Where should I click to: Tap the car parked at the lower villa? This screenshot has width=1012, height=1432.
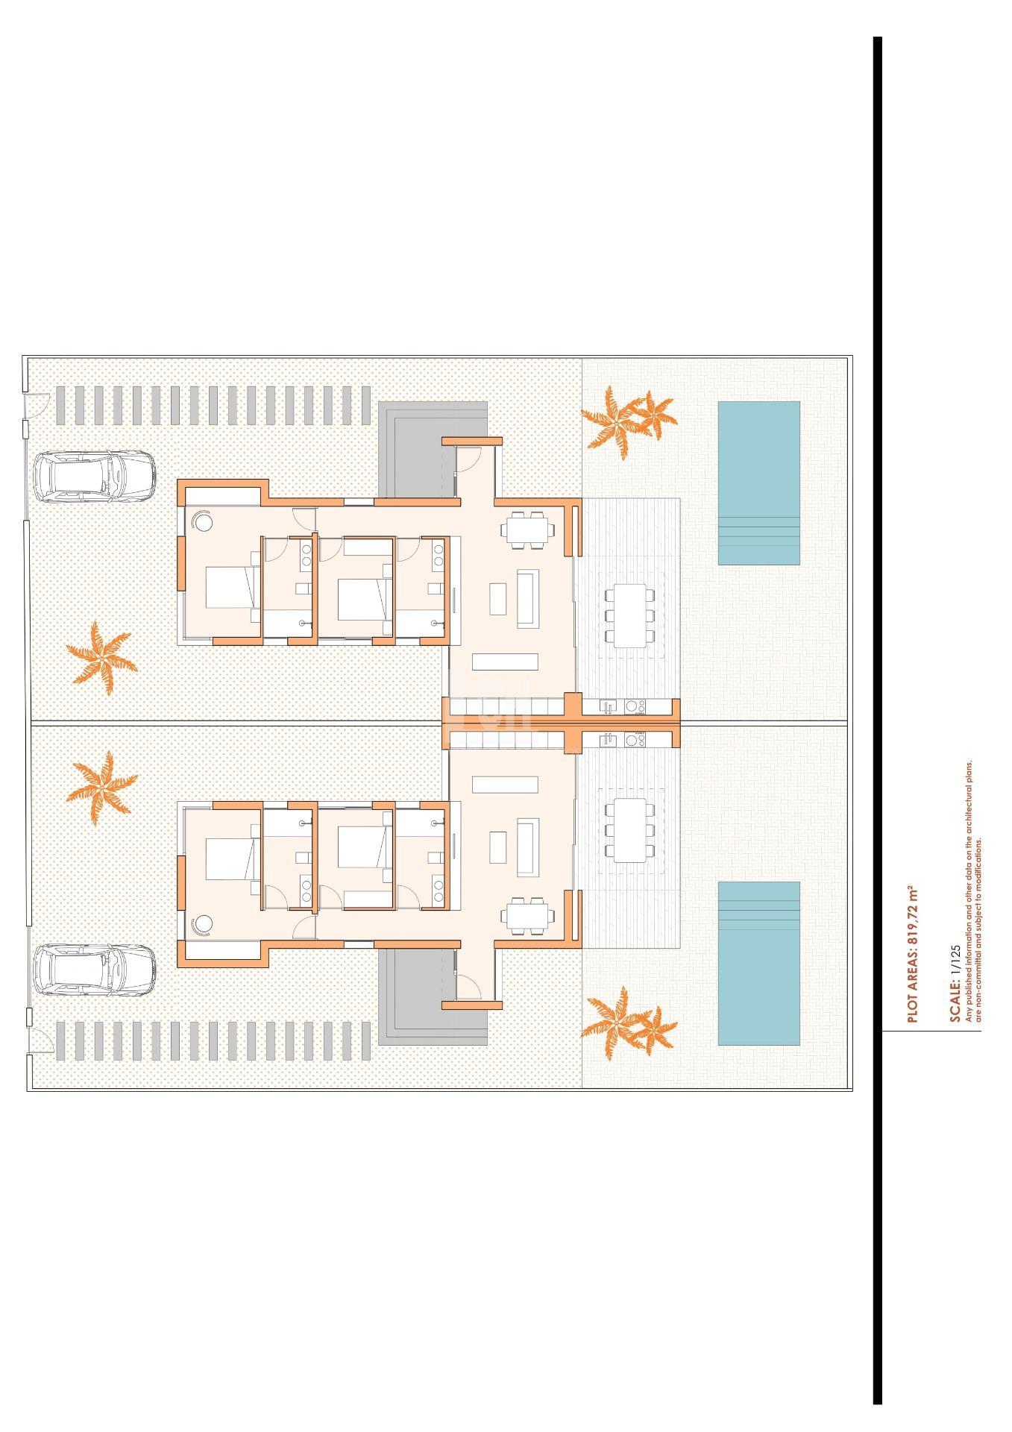tap(95, 971)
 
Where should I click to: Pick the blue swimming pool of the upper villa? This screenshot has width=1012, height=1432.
tap(758, 483)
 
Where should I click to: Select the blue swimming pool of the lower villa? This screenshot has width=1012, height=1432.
tap(758, 964)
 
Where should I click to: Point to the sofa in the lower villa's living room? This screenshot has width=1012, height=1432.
tap(528, 848)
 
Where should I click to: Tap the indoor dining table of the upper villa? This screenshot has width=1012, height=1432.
tap(528, 531)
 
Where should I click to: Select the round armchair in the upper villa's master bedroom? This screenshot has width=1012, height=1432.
tap(203, 521)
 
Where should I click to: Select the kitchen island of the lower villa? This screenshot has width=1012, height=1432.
tap(505, 785)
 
